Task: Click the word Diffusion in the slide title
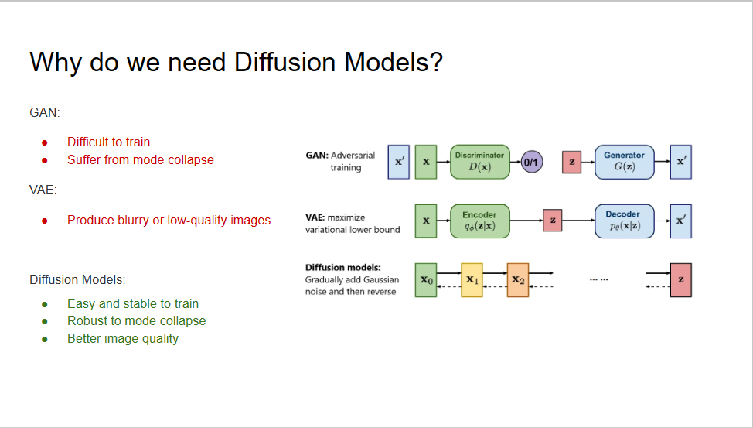click(285, 62)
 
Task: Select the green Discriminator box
click(479, 162)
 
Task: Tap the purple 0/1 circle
click(532, 163)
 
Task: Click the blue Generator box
click(624, 162)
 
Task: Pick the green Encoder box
click(479, 221)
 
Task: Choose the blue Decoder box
click(624, 221)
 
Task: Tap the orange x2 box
click(518, 280)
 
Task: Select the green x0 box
click(426, 280)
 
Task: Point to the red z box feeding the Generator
click(571, 163)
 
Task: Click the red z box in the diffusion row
click(680, 280)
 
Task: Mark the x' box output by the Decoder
click(680, 221)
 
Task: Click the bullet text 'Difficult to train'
click(108, 142)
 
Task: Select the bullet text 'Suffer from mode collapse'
click(140, 159)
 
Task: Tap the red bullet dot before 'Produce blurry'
click(45, 221)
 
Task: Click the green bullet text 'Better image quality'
click(122, 338)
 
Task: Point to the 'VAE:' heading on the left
click(44, 190)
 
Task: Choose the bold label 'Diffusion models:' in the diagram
click(342, 268)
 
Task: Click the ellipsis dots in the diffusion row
click(598, 279)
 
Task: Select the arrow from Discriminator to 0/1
click(516, 163)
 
